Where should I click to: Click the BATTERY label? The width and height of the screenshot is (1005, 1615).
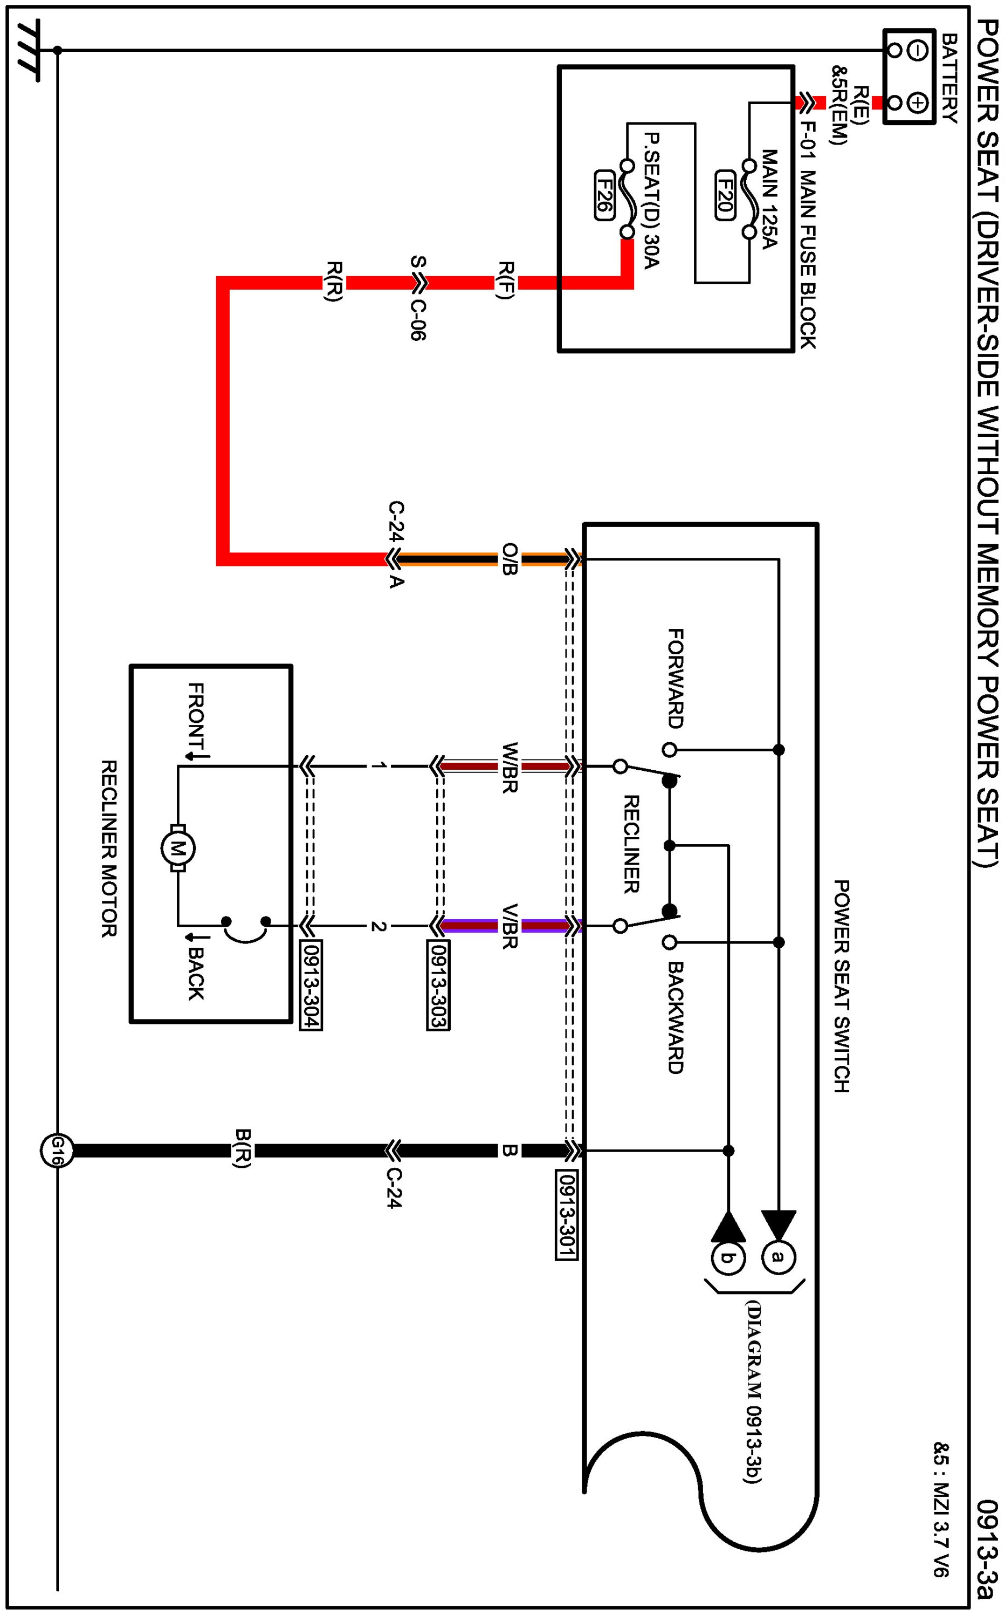949,78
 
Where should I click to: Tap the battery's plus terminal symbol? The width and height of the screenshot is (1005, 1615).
917,103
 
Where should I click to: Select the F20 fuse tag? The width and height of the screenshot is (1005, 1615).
725,195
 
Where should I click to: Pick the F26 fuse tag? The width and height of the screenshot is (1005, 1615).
603,195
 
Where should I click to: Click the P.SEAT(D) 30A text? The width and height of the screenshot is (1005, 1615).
651,200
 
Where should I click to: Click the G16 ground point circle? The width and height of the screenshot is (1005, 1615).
57,1150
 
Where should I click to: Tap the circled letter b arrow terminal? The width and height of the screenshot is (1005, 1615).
728,1257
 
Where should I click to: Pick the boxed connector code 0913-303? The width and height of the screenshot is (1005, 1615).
438,984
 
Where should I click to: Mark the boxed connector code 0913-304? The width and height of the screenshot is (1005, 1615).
311,984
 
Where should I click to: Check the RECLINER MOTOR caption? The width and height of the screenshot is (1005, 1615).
109,848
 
